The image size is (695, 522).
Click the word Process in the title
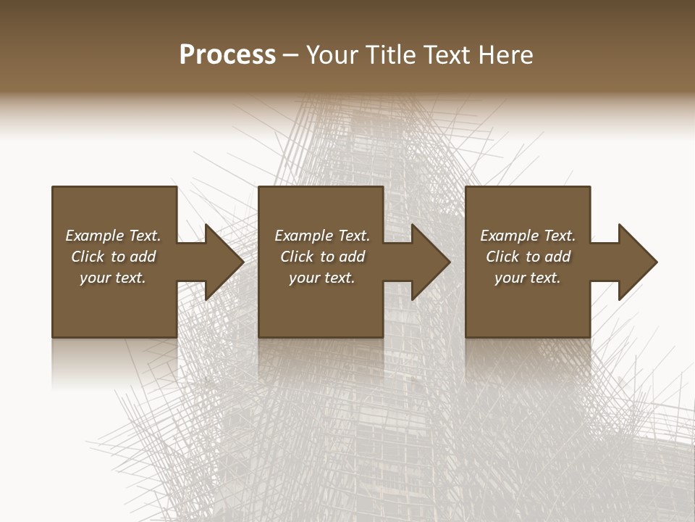tap(227, 55)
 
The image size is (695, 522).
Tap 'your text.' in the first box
tap(113, 278)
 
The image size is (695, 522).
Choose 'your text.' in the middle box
tap(321, 278)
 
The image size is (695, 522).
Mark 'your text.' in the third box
tap(527, 278)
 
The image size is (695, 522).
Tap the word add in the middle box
tap(352, 257)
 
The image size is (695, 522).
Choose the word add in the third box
tap(557, 257)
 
